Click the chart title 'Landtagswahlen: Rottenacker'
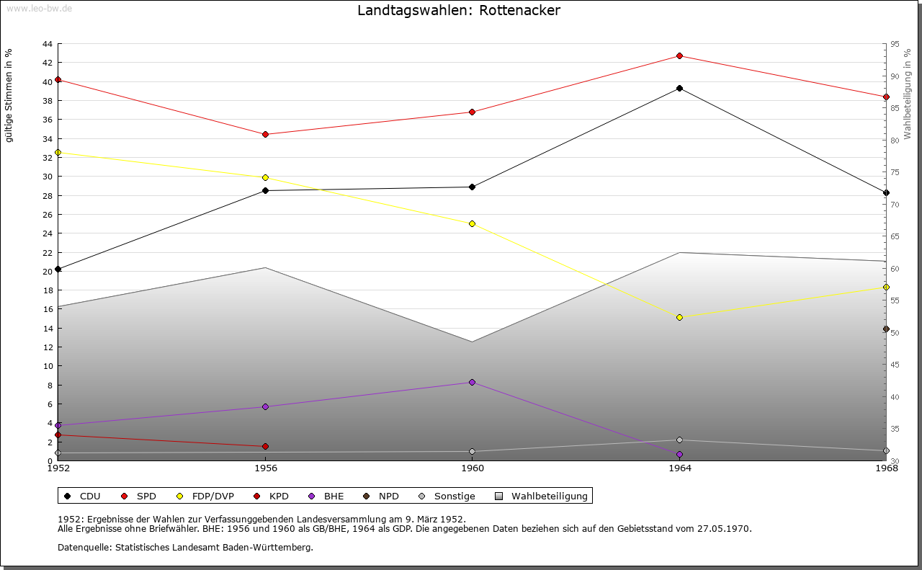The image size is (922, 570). coord(458,11)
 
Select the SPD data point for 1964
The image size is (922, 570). coord(679,56)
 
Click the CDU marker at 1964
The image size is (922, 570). coord(679,89)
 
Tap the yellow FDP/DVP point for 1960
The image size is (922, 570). coord(472,224)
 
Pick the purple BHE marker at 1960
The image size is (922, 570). coord(472,383)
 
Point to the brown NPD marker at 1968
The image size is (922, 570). coord(886,329)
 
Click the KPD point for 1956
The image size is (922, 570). coord(265,447)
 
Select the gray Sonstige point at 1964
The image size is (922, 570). coord(679,440)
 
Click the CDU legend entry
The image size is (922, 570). coord(82,496)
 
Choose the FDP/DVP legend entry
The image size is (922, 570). coord(205,496)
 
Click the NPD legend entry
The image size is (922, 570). coord(381,496)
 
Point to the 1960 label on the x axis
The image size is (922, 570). coord(473,468)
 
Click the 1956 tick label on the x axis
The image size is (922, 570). coord(265,468)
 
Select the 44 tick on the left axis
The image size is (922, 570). coord(47,44)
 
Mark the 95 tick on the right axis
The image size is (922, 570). coord(895,44)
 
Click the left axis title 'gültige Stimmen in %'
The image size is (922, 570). coord(9,96)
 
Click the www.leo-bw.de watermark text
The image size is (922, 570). coord(38,7)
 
